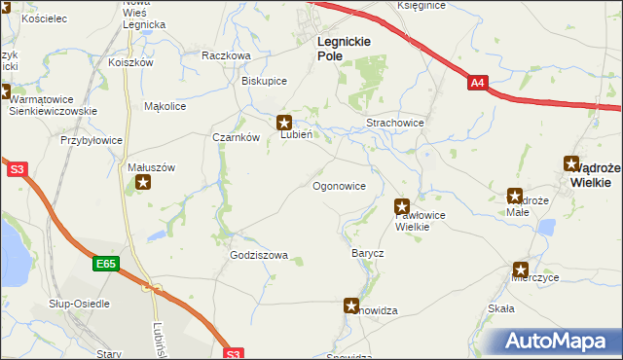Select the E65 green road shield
pos(106,264)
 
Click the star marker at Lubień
pos(285,123)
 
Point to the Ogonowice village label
pos(339,185)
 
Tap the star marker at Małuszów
pos(143,182)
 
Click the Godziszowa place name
pos(259,255)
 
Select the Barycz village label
pos(368,253)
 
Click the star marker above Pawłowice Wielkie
pos(401,206)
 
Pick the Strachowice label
pos(394,124)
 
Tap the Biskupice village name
pos(264,81)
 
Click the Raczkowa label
pos(226,55)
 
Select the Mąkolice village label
pos(165,106)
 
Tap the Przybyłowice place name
pos(92,140)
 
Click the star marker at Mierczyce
pos(521,270)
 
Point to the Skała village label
pos(500,308)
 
